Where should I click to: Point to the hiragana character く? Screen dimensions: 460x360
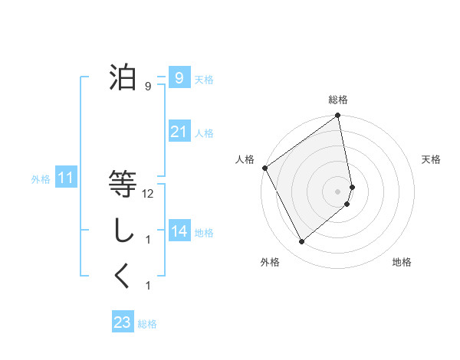click(x=123, y=277)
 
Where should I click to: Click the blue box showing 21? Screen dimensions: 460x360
click(x=179, y=133)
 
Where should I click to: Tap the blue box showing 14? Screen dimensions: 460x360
click(x=179, y=231)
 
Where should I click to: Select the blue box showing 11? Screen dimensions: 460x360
click(x=65, y=179)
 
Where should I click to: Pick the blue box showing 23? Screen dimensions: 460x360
click(x=123, y=322)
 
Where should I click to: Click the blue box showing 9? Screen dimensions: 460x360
click(x=179, y=78)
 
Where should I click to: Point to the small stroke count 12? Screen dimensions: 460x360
click(x=148, y=194)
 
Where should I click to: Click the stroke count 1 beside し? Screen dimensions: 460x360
click(x=148, y=240)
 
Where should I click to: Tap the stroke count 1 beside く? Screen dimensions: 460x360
click(x=148, y=286)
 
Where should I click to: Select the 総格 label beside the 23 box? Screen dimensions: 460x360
click(x=147, y=324)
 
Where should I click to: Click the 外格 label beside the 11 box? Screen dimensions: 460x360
click(x=41, y=180)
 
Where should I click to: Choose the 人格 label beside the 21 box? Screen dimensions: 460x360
click(x=204, y=133)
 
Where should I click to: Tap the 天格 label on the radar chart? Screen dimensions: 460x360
click(x=431, y=159)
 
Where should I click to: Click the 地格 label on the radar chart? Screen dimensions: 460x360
click(x=402, y=263)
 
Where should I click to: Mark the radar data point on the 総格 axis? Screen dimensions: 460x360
click(x=337, y=116)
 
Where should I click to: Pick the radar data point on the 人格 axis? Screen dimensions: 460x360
click(x=264, y=168)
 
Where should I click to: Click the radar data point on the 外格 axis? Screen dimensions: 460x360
click(x=301, y=241)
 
